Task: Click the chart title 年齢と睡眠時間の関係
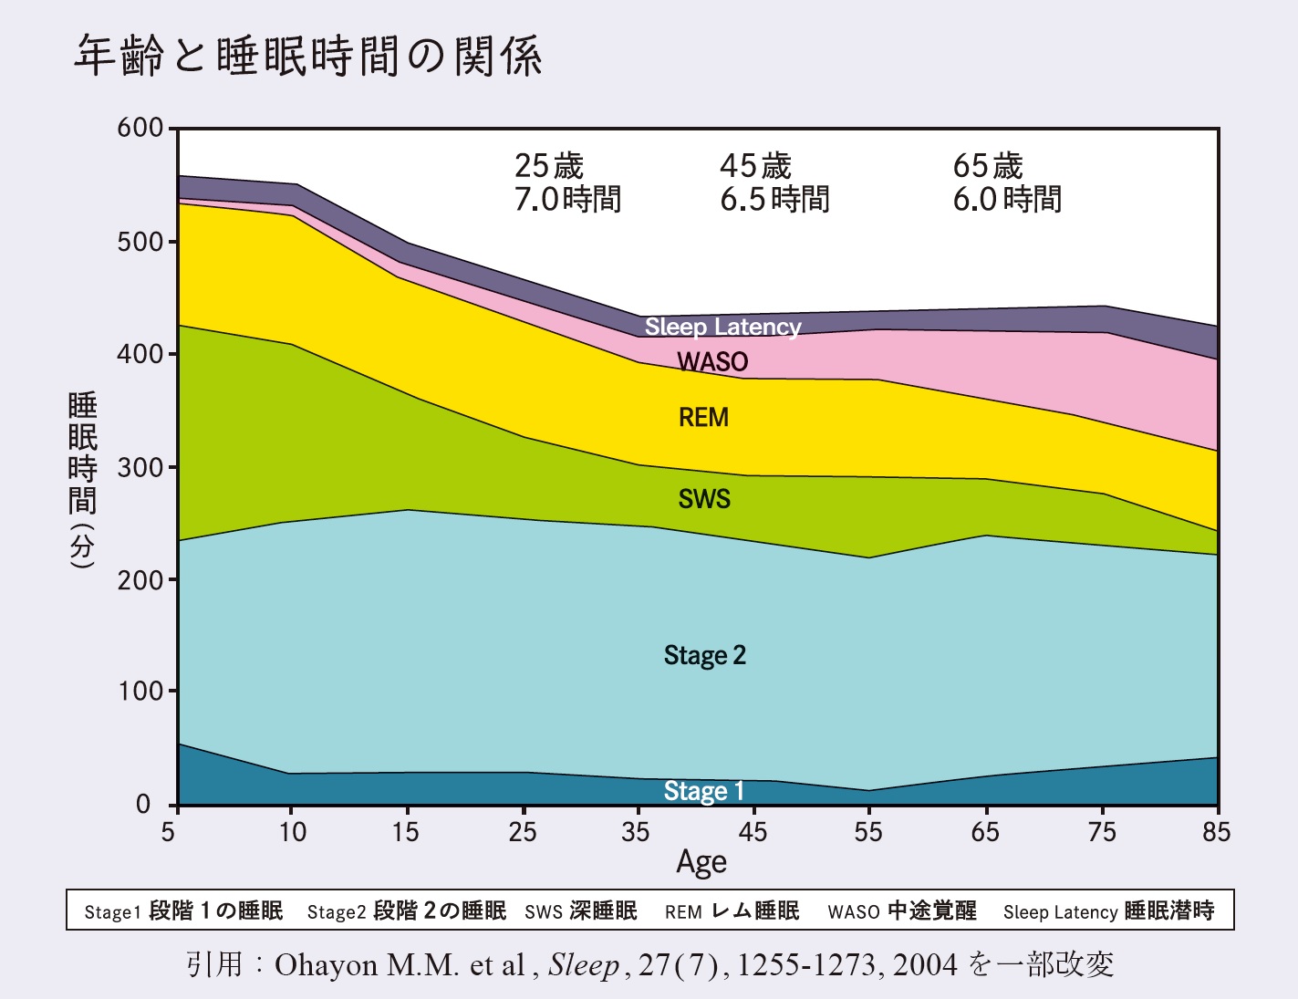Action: tap(307, 57)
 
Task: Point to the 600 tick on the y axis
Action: tap(140, 128)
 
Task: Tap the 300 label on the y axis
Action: tap(140, 468)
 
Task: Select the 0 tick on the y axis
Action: tap(143, 805)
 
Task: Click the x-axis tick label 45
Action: tap(753, 832)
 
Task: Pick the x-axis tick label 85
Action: tap(1216, 832)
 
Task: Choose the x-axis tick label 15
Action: tap(405, 832)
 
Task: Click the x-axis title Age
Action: tap(701, 862)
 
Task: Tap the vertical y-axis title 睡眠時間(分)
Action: tap(82, 480)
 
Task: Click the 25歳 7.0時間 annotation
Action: tap(567, 182)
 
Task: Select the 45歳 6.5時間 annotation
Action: tap(774, 182)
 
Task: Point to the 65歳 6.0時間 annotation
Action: tap(1007, 182)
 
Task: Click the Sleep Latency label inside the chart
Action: tap(722, 327)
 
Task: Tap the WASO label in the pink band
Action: tap(712, 362)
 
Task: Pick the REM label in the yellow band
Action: tap(703, 418)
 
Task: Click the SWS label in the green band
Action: tap(704, 499)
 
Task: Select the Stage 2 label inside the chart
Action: tap(704, 655)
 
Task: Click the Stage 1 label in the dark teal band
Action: tap(703, 791)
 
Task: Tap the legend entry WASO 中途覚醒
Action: tap(901, 911)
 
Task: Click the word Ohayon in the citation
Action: tap(326, 965)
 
